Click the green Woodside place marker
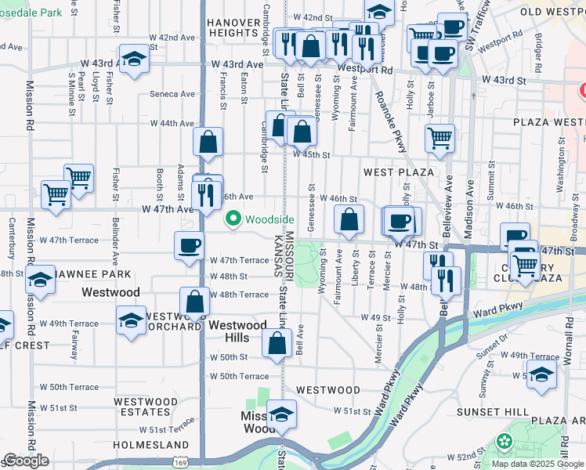click(x=233, y=219)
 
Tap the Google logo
click(x=26, y=461)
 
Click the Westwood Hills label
click(x=238, y=331)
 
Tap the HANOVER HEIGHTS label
click(x=233, y=28)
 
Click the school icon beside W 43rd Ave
click(x=134, y=59)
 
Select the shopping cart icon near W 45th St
click(x=439, y=138)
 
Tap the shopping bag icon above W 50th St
click(x=277, y=342)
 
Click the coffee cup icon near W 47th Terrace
click(x=189, y=246)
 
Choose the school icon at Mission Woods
click(x=281, y=415)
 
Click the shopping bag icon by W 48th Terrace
click(x=194, y=302)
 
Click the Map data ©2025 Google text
click(x=537, y=463)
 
